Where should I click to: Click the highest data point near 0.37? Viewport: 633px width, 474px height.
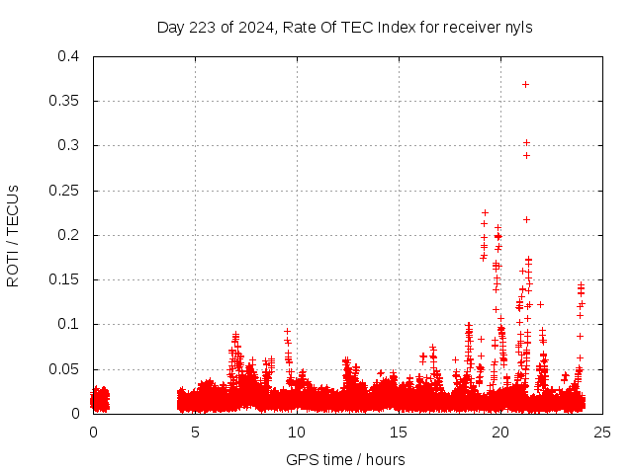coord(525,84)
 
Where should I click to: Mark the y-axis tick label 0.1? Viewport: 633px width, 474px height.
coord(69,324)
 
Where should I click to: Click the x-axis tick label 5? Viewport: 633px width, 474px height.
coord(195,432)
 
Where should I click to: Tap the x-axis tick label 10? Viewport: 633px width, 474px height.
coord(297,432)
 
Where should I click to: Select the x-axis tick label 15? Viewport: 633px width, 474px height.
coord(399,432)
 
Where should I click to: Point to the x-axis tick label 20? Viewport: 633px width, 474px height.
coord(500,432)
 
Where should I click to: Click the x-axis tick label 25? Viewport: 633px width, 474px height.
coord(602,432)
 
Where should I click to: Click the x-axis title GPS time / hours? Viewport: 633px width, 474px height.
coord(345,459)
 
